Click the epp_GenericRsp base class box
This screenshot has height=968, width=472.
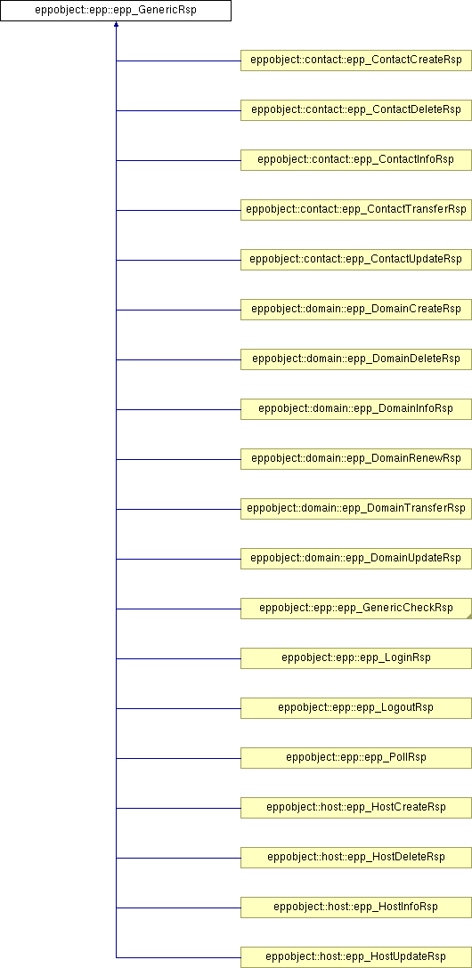coord(116,11)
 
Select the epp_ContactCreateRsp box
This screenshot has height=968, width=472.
coord(356,60)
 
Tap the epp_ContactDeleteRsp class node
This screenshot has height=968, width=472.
coord(356,110)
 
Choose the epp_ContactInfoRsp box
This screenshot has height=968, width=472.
coord(356,160)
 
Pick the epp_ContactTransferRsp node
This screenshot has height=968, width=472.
coord(356,210)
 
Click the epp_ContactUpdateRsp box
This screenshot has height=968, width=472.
coord(356,260)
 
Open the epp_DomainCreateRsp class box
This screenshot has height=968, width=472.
coord(356,310)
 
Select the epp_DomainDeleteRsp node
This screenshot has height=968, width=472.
coord(356,359)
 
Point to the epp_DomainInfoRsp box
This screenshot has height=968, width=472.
coord(356,409)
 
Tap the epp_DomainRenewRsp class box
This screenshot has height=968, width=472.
coord(356,459)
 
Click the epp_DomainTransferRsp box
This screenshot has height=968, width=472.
coord(356,509)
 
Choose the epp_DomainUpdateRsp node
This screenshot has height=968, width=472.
coord(356,559)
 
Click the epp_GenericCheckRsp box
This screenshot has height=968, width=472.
coord(356,609)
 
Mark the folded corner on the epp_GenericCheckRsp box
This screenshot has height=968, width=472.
coord(469,616)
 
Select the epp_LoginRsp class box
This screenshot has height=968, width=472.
coord(356,658)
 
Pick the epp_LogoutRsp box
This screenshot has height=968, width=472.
coord(356,708)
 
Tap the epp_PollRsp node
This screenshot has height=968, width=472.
coord(356,758)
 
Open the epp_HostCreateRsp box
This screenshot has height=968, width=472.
coord(356,808)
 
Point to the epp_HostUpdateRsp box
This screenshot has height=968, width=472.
coord(356,957)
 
